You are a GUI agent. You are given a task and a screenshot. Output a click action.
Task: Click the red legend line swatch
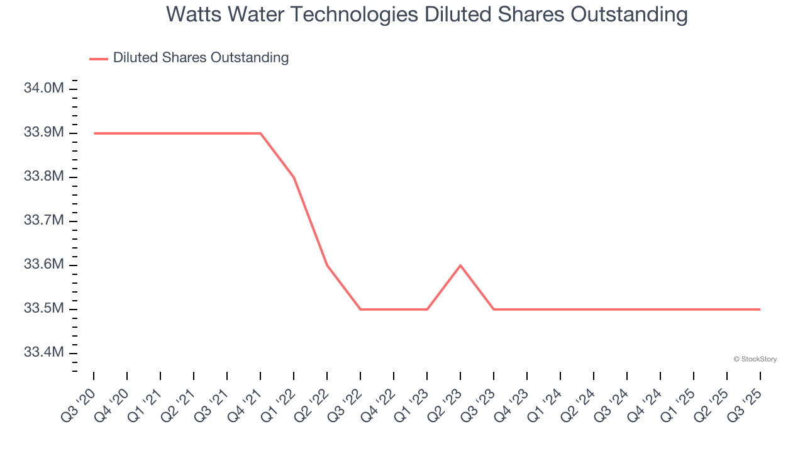99,59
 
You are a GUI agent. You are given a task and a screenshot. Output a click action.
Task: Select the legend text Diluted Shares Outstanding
201,58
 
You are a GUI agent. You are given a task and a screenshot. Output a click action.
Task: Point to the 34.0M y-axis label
44,88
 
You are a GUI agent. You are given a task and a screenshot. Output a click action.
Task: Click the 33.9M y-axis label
44,133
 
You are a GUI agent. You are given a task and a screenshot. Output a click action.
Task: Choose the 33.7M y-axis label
44,221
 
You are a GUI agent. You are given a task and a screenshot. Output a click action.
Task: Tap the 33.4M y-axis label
44,352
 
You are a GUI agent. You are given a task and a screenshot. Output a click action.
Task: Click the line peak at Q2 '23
460,266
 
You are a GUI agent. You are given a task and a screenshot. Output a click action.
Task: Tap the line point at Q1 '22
294,177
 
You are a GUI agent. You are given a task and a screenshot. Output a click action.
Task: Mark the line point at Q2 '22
327,266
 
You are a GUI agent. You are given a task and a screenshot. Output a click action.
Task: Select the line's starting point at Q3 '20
94,133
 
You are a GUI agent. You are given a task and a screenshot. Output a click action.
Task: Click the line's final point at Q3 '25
760,310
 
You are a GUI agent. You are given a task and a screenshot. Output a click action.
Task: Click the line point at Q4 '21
260,133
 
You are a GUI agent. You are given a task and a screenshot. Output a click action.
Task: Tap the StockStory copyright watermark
755,359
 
